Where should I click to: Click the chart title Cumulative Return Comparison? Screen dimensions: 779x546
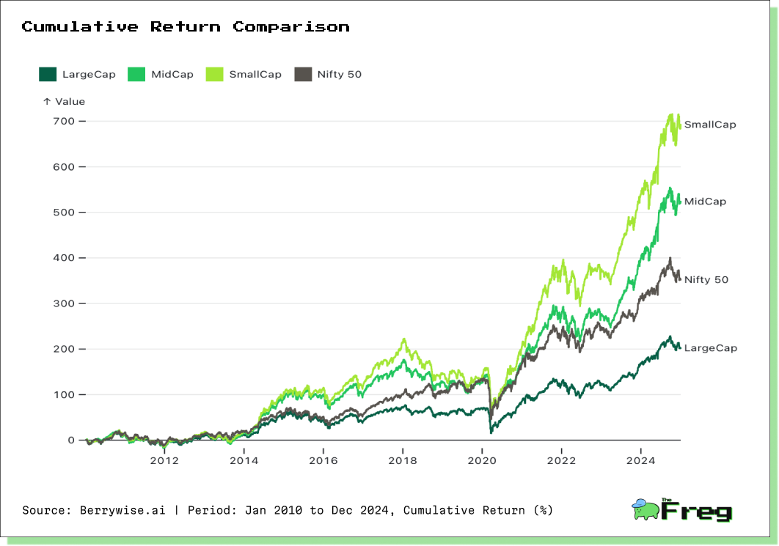[x=186, y=26]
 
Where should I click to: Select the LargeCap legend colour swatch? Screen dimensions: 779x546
[x=48, y=75]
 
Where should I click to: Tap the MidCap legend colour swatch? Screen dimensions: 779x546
[x=136, y=75]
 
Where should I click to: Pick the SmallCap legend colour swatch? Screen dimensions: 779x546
[x=214, y=75]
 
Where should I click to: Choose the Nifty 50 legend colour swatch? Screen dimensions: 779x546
[x=303, y=75]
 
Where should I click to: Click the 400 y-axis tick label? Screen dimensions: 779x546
[x=64, y=258]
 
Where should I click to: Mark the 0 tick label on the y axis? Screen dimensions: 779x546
[x=71, y=440]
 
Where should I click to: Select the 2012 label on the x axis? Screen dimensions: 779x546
[x=164, y=461]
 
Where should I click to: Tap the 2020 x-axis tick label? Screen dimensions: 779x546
[x=482, y=461]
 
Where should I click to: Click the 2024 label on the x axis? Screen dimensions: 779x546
[x=641, y=461]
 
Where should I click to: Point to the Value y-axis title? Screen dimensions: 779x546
[x=70, y=101]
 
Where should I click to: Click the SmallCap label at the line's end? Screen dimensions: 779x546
[x=710, y=125]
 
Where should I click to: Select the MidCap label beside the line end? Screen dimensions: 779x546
[x=705, y=202]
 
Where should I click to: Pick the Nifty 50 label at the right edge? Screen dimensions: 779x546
[x=706, y=280]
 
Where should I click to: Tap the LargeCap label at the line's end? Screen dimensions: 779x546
[x=711, y=348]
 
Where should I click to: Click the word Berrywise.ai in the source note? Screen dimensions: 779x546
[x=122, y=510]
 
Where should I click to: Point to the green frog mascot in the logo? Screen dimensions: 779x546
[x=645, y=510]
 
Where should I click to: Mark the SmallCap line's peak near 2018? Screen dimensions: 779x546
[x=404, y=339]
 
